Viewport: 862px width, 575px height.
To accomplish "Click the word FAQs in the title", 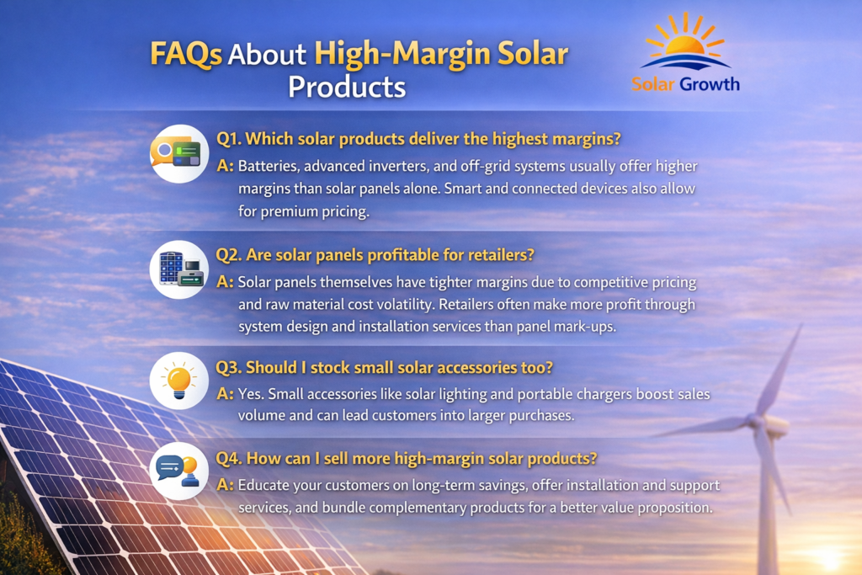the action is (186, 55).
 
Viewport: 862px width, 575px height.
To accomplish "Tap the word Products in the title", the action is (347, 88).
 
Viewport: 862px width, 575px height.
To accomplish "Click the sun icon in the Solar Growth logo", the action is (684, 41).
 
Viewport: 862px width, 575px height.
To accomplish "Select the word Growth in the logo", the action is (709, 84).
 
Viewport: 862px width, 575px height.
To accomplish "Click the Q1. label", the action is (229, 139).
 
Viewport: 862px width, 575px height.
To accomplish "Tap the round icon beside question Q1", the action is (179, 153).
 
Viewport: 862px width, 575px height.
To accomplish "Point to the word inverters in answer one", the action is (399, 166).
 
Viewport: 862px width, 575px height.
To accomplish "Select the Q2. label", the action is (229, 255).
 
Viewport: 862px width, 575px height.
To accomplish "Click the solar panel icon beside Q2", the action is (179, 269).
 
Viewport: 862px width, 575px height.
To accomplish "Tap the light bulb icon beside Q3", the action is (179, 381).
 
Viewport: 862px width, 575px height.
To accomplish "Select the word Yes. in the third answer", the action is (250, 394).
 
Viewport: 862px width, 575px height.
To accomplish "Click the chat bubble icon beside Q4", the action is (179, 471).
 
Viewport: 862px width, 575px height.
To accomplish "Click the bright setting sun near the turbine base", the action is (828, 559).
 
